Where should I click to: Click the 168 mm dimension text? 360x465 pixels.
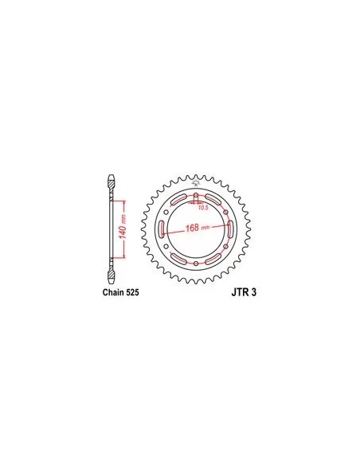tap(198, 228)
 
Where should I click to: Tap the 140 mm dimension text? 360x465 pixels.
tap(123, 226)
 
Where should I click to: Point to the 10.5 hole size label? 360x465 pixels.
tap(203, 208)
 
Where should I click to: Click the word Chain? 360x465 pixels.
tap(113, 292)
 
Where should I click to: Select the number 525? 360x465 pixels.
tap(132, 292)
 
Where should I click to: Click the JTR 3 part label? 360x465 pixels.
tap(244, 292)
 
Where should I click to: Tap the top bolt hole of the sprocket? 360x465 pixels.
tap(196, 197)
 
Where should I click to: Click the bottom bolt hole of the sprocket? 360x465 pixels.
tap(196, 263)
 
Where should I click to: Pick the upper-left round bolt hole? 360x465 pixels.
tap(166, 212)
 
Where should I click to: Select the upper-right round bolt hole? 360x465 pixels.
tap(225, 212)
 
